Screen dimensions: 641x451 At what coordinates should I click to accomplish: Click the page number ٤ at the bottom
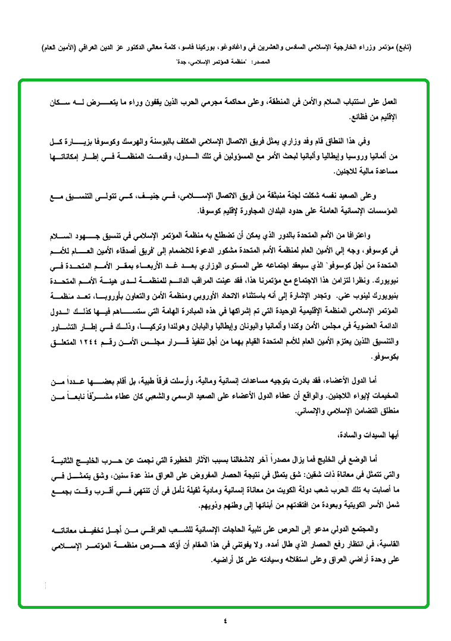click(225, 621)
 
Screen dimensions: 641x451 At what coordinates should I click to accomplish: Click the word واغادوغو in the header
click(238, 47)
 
